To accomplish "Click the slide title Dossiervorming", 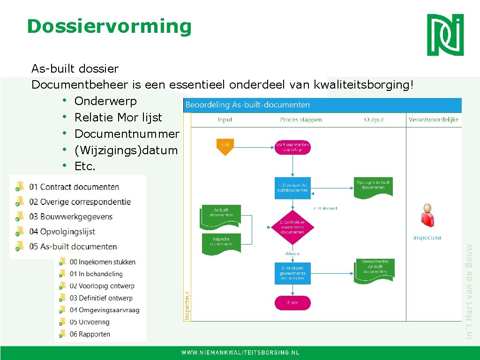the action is tap(109, 26).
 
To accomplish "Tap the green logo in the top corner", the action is tap(445, 34).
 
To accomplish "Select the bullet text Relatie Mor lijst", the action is tap(118, 117).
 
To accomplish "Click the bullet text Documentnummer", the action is tap(127, 134).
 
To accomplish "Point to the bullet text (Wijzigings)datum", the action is tap(126, 150).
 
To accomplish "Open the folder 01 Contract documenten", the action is tap(74, 187).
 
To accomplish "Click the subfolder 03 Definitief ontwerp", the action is tap(101, 298).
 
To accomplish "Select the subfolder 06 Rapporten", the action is tap(90, 334).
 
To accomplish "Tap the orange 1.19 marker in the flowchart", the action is tap(225, 146).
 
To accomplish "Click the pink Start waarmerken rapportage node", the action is tap(292, 147).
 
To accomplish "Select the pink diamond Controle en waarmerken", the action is tap(292, 227).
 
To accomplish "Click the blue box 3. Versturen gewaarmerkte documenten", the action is tap(292, 273).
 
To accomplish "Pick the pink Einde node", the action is tap(292, 303).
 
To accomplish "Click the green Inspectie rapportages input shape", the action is tap(221, 241).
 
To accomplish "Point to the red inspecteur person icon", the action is tap(427, 216).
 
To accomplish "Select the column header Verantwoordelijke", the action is tap(434, 120).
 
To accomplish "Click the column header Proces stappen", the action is tap(301, 120).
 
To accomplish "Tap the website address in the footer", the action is tap(240, 352).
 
